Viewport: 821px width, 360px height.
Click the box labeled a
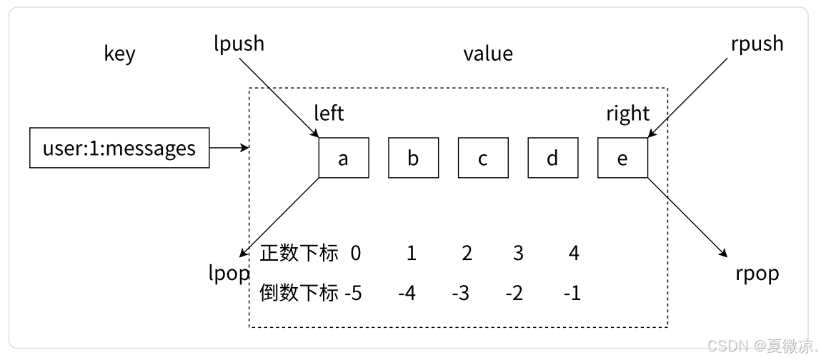coord(344,158)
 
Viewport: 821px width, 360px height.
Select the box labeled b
coord(413,158)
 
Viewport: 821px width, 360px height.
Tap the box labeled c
coord(483,158)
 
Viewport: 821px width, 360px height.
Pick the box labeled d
coord(552,158)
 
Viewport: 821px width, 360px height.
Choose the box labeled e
coord(622,158)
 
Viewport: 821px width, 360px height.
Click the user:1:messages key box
coord(119,148)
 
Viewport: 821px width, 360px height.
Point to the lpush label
coord(239,44)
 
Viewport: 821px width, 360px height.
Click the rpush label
coord(757,44)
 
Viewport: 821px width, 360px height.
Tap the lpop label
coord(228,274)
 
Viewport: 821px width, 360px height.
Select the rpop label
coord(757,274)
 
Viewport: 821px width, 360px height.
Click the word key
coord(119,54)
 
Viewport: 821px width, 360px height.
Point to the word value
coord(487,54)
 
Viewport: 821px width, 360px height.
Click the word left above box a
coord(329,114)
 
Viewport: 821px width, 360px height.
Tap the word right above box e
coord(627,114)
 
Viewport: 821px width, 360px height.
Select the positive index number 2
coord(467,253)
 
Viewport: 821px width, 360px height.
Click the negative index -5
coord(353,293)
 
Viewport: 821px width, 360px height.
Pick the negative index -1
coord(572,293)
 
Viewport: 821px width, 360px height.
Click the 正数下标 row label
coord(299,253)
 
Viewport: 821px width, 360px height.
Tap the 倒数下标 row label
coord(299,293)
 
